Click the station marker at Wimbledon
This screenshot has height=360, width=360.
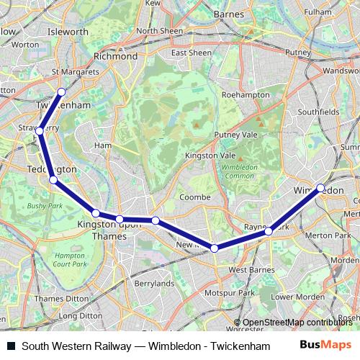point(320,188)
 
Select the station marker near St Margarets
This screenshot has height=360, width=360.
point(61,92)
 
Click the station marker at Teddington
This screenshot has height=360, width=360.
point(53,179)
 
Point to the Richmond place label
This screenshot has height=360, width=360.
point(116,55)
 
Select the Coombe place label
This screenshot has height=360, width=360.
point(194,197)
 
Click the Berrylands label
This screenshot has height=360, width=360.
point(154,284)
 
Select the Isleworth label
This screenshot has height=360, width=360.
point(67,32)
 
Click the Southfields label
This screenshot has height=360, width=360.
point(318,112)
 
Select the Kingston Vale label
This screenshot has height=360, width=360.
point(210,156)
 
